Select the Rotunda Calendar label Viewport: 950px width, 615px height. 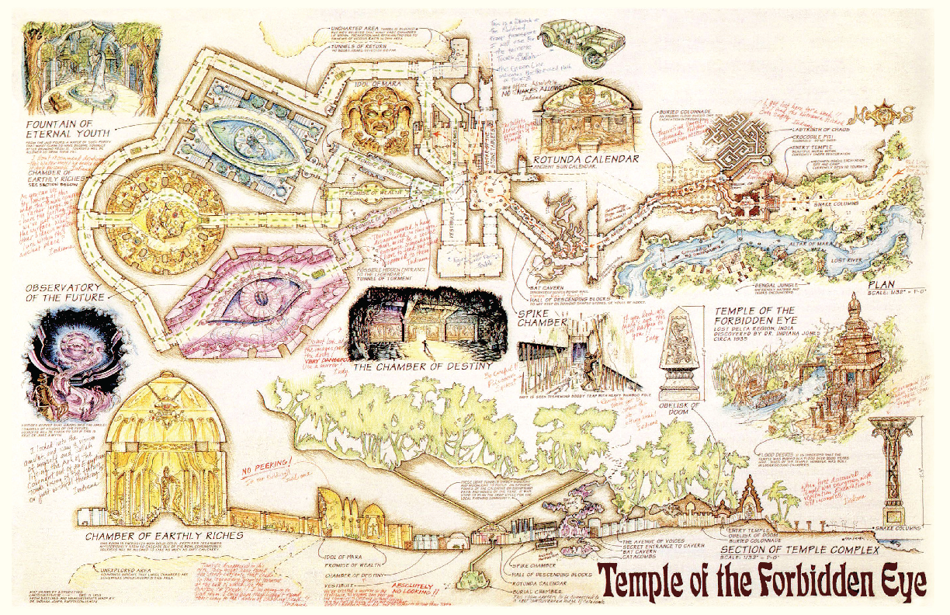(585, 159)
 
